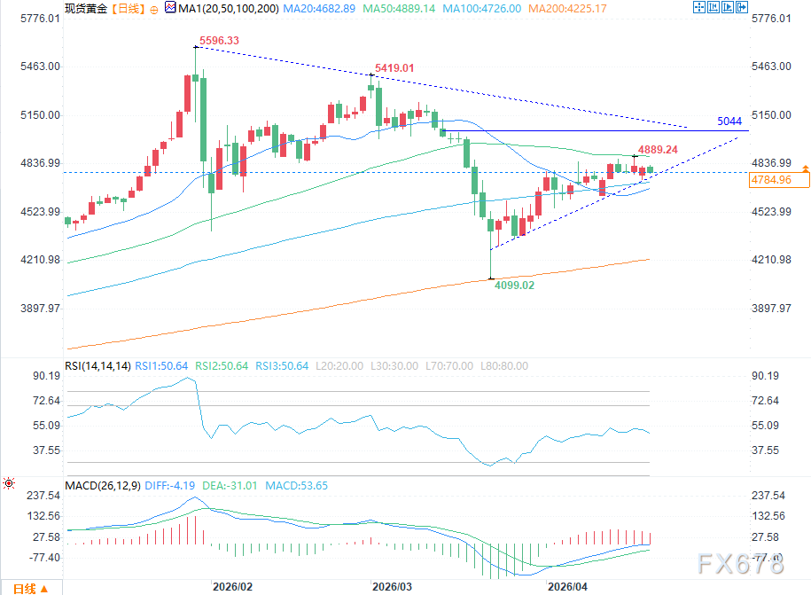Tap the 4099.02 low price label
click(513, 286)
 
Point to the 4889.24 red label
click(657, 150)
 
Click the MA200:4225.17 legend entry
click(567, 8)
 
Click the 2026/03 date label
click(392, 586)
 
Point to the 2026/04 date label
click(568, 586)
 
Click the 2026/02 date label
click(232, 586)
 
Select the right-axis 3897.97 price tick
click(770, 308)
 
